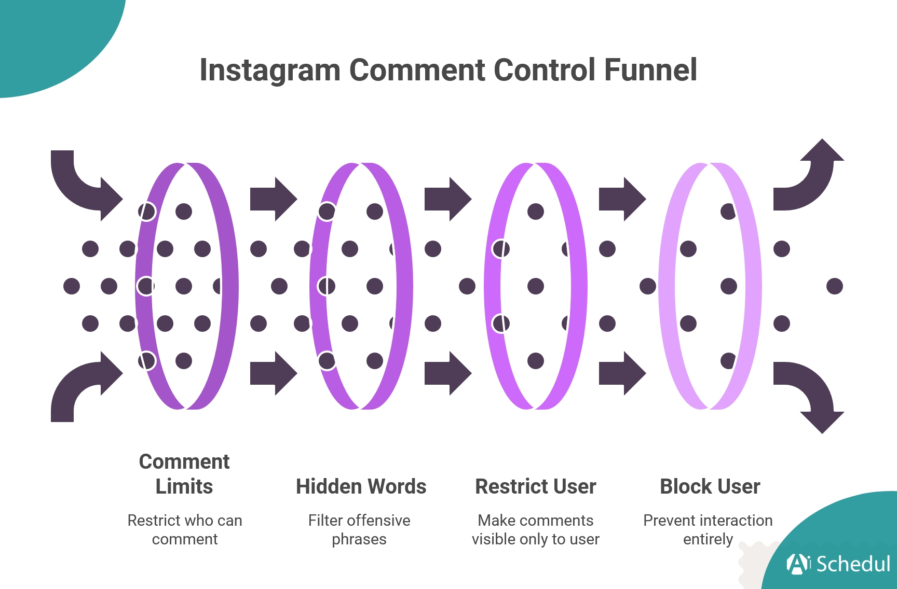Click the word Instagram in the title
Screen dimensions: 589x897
[270, 71]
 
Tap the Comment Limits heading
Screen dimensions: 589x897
[184, 474]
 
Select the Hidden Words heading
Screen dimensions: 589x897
[361, 487]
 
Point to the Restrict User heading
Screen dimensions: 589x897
[536, 487]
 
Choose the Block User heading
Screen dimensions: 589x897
[710, 487]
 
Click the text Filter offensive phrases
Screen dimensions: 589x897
[359, 529]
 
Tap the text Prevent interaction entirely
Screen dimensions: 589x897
[708, 529]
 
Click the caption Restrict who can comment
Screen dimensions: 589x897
[185, 529]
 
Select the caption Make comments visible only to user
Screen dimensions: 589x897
[535, 529]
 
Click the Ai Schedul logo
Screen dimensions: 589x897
[838, 564]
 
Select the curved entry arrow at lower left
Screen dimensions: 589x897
[83, 386]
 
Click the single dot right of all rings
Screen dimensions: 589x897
[834, 286]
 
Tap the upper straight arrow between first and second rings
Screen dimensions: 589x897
[273, 199]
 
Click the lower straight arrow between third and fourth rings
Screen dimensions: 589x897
[621, 373]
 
